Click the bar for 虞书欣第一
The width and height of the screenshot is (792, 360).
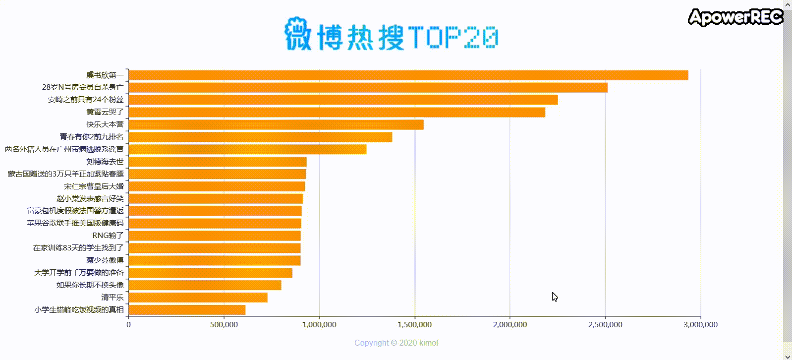pyautogui.click(x=408, y=75)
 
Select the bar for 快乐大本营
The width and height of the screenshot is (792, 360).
pyautogui.click(x=276, y=124)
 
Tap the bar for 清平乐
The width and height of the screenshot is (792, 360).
pyautogui.click(x=198, y=298)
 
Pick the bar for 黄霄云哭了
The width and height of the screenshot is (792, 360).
pyautogui.click(x=337, y=112)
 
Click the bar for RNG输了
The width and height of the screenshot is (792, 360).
pyautogui.click(x=214, y=236)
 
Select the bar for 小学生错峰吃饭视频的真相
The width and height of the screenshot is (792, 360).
pyautogui.click(x=187, y=310)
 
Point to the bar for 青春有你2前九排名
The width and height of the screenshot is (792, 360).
pyautogui.click(x=260, y=137)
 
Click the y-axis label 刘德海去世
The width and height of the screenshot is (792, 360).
pyautogui.click(x=105, y=162)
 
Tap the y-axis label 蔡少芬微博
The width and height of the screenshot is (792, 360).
pyautogui.click(x=105, y=260)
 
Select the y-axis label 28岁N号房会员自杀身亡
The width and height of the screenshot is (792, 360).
pyautogui.click(x=83, y=87)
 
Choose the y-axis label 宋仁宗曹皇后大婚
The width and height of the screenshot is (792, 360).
pyautogui.click(x=94, y=186)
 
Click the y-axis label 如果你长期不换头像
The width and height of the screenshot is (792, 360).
pyautogui.click(x=90, y=285)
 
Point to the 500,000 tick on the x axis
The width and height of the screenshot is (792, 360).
pyautogui.click(x=224, y=325)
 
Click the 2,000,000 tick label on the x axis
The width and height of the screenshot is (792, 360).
pyautogui.click(x=510, y=325)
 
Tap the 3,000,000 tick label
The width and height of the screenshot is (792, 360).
pyautogui.click(x=700, y=325)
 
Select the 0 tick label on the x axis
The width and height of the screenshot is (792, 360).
pyautogui.click(x=128, y=325)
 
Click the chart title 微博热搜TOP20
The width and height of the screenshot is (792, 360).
pyautogui.click(x=392, y=35)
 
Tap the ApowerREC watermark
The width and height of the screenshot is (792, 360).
pyautogui.click(x=735, y=17)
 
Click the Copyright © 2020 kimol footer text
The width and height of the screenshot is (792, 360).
pyautogui.click(x=396, y=343)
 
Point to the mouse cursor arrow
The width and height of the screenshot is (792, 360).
pyautogui.click(x=555, y=297)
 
